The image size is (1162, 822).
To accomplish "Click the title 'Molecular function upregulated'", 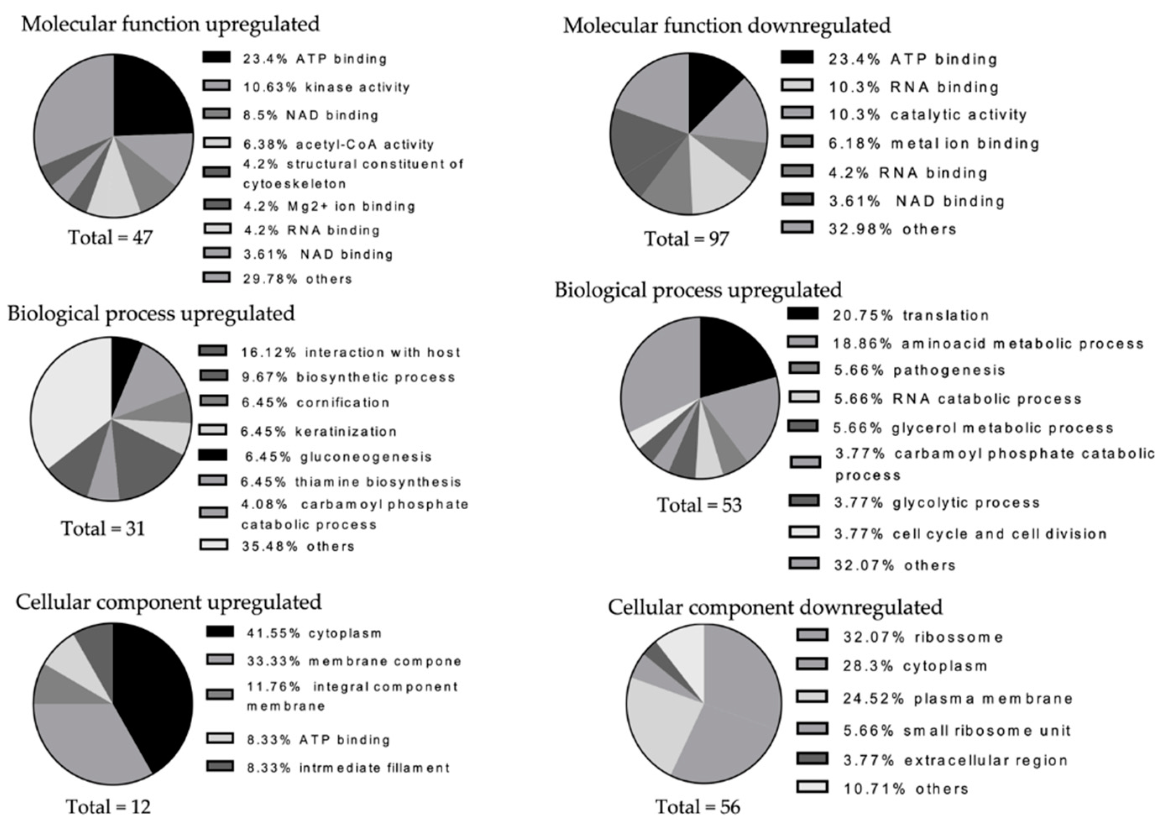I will (170, 24).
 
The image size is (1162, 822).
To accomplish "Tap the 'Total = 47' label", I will (110, 237).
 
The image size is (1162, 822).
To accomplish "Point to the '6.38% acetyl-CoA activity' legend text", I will (338, 144).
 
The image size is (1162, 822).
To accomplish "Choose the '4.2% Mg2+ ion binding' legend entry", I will (329, 206).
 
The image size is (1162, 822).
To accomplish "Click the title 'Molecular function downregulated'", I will (727, 25).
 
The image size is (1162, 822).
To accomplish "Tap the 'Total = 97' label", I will (686, 238).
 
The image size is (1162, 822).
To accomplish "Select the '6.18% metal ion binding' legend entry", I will (933, 144).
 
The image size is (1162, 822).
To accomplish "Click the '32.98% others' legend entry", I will (892, 229).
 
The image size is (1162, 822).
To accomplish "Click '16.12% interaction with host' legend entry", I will (350, 352).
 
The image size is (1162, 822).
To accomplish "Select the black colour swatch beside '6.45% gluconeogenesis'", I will (212, 456).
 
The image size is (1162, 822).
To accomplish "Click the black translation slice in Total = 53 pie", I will (729, 359).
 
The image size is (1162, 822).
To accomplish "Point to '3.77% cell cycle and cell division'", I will (970, 534).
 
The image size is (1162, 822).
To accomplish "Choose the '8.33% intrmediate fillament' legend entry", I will (348, 768).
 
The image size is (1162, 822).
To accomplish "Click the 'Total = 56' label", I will (698, 806).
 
